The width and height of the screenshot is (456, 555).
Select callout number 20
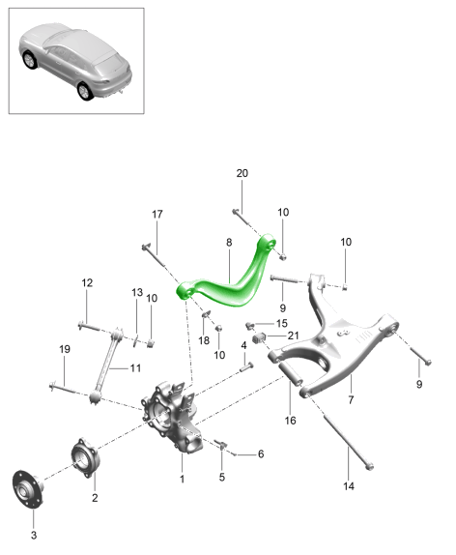(242, 173)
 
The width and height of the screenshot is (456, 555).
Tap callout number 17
(157, 214)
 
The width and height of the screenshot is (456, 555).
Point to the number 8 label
(229, 243)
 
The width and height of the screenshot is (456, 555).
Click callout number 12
(87, 282)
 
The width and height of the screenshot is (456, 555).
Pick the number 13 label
(137, 292)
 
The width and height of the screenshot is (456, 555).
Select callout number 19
(65, 349)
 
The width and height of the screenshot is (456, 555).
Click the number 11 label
(135, 368)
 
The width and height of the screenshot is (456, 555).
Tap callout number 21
(293, 336)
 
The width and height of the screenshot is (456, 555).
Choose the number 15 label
(281, 323)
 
